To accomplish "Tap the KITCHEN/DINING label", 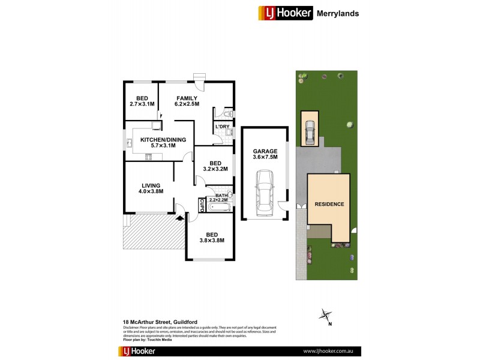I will [x=163, y=143].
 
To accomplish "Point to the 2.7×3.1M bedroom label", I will [x=142, y=101].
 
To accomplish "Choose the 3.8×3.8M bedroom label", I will [x=211, y=238].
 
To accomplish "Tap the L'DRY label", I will [x=222, y=127].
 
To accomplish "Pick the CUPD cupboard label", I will [x=202, y=205].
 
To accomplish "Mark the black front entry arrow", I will [x=179, y=218].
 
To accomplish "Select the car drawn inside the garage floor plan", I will [x=264, y=193].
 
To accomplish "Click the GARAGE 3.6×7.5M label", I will [x=265, y=154].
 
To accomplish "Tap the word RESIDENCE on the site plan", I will [x=329, y=204].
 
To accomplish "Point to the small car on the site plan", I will [x=310, y=133].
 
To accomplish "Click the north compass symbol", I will [x=326, y=316].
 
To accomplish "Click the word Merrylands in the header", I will [x=338, y=12].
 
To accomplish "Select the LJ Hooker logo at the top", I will [x=285, y=12].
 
